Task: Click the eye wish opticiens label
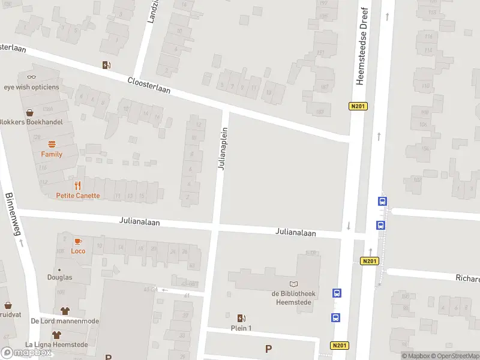coord(31,87)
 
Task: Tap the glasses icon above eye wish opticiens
coord(31,76)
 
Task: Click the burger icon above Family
coord(52,144)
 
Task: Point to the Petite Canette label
coord(78,196)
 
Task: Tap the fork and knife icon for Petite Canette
coord(78,185)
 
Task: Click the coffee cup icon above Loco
coord(77,241)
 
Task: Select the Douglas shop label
coord(59,277)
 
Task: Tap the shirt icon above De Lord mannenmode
coord(65,310)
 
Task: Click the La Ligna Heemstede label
coord(56,344)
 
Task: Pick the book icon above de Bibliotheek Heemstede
coord(293,284)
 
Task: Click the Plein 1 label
coord(241,328)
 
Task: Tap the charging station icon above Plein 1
coord(241,318)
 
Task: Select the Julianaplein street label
coord(223,148)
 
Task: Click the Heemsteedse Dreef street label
coord(361,47)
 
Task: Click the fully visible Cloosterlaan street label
coord(148,85)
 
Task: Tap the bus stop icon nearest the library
coord(337,293)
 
